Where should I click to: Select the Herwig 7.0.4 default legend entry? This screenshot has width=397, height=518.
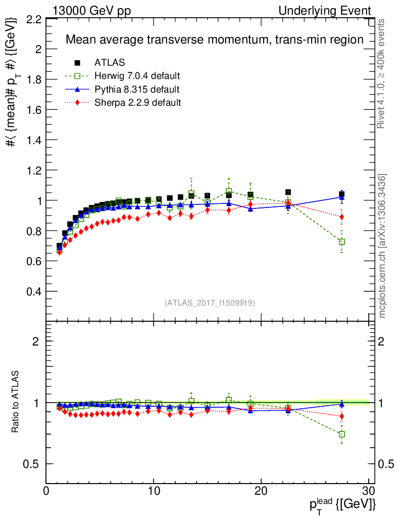coord(137,76)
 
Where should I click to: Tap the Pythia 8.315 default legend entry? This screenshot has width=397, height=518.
coord(136,90)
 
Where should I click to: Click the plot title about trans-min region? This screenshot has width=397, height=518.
coord(215,40)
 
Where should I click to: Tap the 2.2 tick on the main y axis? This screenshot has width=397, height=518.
coord(34,19)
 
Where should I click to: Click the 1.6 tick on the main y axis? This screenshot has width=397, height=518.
coord(34,110)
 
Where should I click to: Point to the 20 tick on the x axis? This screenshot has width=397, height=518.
coord(261,490)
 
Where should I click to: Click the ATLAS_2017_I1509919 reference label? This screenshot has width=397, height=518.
coord(210,303)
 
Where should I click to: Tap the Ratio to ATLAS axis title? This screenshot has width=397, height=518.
coord(16,402)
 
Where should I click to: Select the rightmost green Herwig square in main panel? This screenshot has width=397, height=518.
coord(342,242)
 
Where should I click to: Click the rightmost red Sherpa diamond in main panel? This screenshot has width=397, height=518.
coord(342,217)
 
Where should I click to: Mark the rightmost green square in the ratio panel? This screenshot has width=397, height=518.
coord(342,434)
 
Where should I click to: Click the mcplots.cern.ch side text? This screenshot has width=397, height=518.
coord(383,246)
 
